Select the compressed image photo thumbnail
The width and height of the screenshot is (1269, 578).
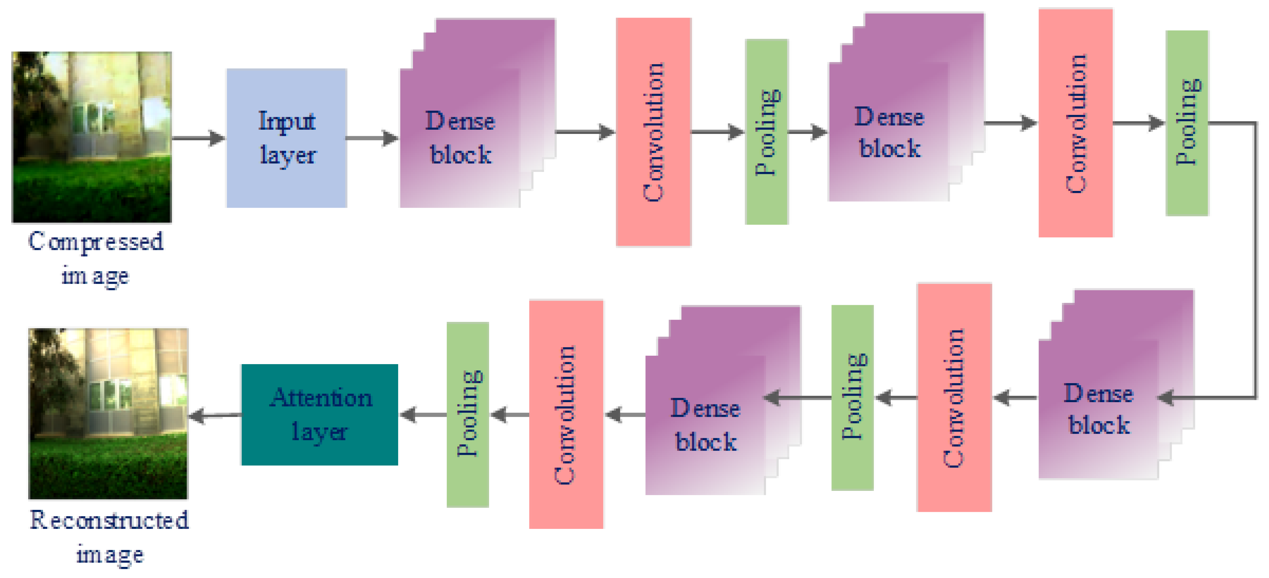92,137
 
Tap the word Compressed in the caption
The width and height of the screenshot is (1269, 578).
96,242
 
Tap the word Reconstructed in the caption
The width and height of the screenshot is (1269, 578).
109,520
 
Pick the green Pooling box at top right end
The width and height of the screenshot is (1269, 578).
1187,123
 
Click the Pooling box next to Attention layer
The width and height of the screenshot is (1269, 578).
467,415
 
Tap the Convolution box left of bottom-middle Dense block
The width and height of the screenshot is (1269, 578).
566,415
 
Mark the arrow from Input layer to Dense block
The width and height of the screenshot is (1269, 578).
372,138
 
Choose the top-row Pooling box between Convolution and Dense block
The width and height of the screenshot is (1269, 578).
767,132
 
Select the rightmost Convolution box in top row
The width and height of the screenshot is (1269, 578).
1075,123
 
